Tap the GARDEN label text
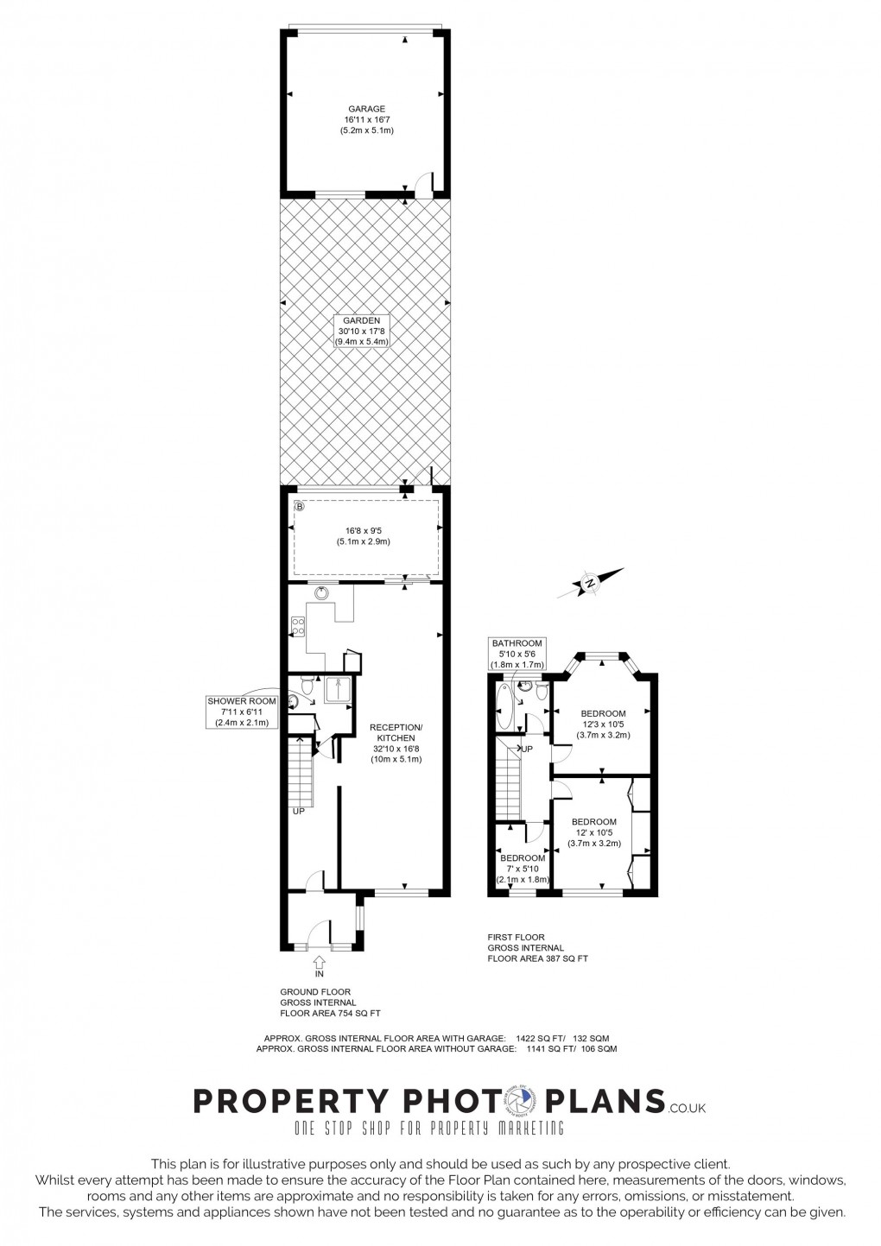pyautogui.click(x=362, y=320)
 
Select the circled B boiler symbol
pyautogui.click(x=300, y=507)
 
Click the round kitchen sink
pyautogui.click(x=323, y=592)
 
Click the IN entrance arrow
pyautogui.click(x=319, y=962)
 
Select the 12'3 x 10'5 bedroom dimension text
pyautogui.click(x=604, y=724)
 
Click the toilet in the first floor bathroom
pyautogui.click(x=541, y=693)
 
